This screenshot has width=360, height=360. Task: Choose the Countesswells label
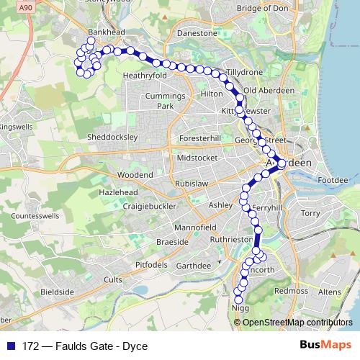[35, 215]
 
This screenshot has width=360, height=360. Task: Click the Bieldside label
[58, 292]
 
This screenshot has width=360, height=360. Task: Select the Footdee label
[333, 179]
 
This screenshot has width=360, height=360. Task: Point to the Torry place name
[310, 213]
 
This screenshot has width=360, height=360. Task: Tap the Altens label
[330, 292]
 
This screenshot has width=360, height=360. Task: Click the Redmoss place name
[291, 290]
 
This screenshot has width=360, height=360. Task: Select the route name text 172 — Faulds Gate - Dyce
[85, 346]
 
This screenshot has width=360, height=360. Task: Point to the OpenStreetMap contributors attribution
[297, 323]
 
